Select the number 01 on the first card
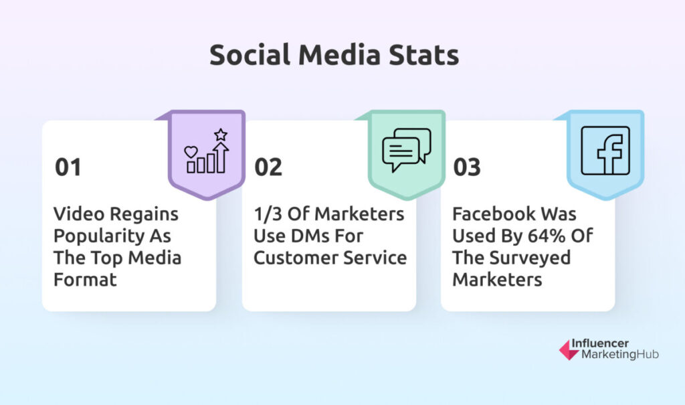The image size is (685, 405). click(68, 167)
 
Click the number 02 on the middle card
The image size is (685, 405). click(268, 167)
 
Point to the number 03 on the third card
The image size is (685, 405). click(467, 167)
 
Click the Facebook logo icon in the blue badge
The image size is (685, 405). click(605, 151)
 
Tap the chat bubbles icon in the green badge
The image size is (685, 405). click(406, 149)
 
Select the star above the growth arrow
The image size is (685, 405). click(221, 135)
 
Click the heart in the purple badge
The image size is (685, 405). click(191, 152)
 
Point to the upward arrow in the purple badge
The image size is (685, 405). click(221, 157)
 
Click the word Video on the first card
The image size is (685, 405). click(79, 214)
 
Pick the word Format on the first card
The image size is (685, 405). click(85, 279)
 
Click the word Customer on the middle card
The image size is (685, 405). click(290, 258)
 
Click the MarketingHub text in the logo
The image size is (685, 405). click(620, 354)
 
